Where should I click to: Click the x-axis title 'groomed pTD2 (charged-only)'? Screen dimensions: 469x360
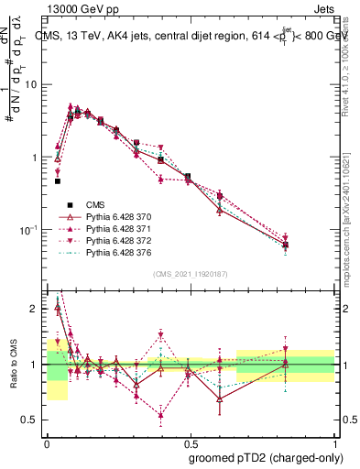pyautogui.click(x=264, y=457)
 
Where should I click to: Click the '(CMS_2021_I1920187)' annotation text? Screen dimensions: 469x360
pyautogui.click(x=190, y=273)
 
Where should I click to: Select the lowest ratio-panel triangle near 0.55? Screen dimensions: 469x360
pyautogui.click(x=161, y=415)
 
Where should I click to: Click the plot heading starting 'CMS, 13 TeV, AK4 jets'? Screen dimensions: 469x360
pyautogui.click(x=191, y=36)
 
